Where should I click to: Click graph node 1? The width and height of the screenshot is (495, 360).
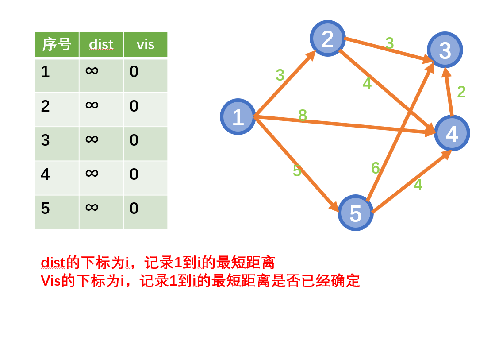point(238,117)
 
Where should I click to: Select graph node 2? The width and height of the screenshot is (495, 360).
point(328,39)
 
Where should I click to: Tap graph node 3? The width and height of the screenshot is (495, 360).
point(445,50)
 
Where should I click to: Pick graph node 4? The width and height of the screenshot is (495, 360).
point(452,133)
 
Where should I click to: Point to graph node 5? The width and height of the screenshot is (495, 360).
point(356,213)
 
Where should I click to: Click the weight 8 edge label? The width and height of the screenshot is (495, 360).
point(303,116)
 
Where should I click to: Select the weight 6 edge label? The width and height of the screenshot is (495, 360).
point(375,168)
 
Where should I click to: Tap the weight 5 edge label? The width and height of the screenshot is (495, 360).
point(297,171)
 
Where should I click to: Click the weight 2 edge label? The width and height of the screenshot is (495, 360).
point(461,92)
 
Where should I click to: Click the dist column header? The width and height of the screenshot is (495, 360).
point(101,45)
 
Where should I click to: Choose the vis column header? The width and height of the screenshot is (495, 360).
point(145,45)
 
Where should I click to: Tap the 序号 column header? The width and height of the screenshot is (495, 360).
point(57,45)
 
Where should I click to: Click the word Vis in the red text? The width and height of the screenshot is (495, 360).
point(50,281)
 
